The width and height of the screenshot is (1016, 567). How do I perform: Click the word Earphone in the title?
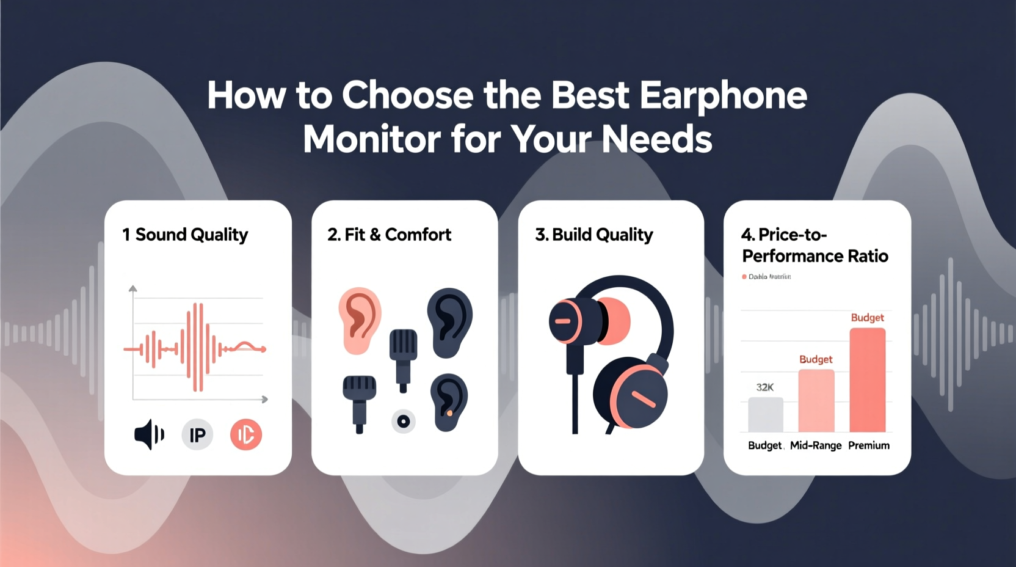[x=723, y=96]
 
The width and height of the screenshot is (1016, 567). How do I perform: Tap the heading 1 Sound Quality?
[x=185, y=235]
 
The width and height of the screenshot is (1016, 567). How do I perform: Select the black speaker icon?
[x=148, y=434]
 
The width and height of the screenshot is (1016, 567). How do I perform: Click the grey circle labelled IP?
[x=197, y=435]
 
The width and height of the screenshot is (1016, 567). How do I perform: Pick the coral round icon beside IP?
[x=246, y=435]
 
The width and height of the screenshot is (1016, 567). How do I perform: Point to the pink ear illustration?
[x=359, y=320]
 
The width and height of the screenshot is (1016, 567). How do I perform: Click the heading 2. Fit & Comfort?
[x=389, y=235]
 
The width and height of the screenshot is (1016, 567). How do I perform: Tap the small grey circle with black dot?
[x=403, y=421]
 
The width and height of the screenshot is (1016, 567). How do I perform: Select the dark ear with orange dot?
[x=449, y=402]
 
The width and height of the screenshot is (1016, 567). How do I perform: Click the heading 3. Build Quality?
[x=593, y=235]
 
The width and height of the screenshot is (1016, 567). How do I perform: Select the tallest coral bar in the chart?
[x=867, y=379]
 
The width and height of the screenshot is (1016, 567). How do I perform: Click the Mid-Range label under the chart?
[x=815, y=445]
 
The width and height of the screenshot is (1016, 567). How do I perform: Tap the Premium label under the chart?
[x=868, y=445]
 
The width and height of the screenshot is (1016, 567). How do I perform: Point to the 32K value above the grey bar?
[x=764, y=387]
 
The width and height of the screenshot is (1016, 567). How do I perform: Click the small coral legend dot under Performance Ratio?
[x=744, y=277]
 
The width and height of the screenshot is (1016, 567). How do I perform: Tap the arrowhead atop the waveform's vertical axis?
[x=133, y=288]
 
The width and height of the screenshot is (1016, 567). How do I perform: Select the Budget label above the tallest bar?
[x=867, y=318]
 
